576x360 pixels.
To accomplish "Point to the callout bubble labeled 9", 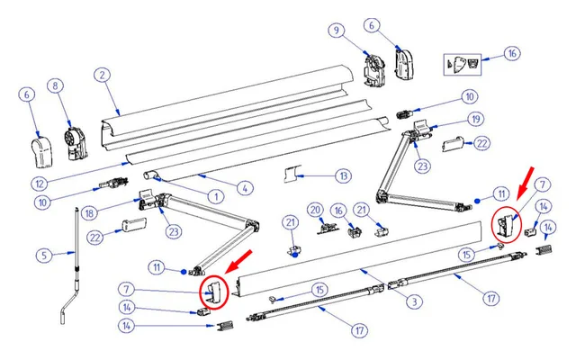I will click(337, 31).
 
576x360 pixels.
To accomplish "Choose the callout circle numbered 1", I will click(215, 196).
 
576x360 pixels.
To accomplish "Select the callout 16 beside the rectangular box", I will click(511, 54).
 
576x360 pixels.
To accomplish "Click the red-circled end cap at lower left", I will click(214, 292).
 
